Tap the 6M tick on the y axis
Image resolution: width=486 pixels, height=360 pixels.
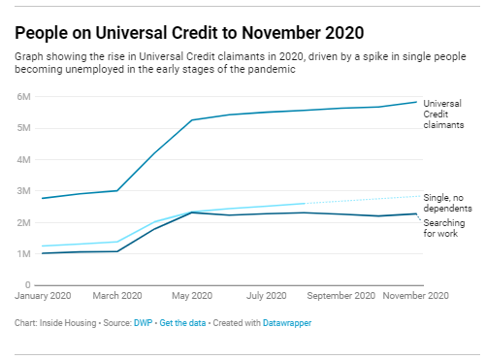[x=23, y=96]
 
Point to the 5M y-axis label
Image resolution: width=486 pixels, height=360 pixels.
[x=23, y=127]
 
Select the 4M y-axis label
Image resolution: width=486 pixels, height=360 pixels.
[x=23, y=159]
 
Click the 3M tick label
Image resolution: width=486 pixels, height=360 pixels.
[x=23, y=191]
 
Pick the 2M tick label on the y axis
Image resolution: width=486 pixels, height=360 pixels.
[x=23, y=222]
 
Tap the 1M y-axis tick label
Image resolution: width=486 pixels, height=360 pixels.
[x=23, y=254]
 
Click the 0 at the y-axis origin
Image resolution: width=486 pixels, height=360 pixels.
[x=27, y=285]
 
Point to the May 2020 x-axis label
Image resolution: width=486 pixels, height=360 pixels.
[x=191, y=296]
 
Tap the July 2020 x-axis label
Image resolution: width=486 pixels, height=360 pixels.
[x=266, y=296]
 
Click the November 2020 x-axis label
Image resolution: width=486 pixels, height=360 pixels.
[x=413, y=296]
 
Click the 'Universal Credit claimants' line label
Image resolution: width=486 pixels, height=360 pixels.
[x=442, y=115]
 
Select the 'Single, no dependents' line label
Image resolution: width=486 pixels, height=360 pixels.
[x=446, y=203]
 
